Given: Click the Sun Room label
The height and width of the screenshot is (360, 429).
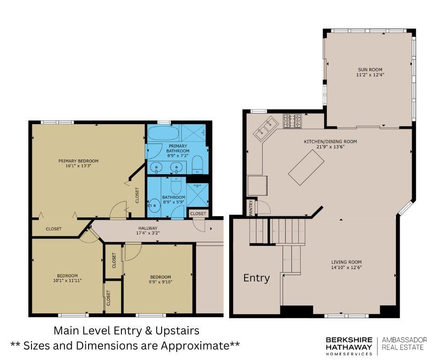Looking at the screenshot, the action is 370,69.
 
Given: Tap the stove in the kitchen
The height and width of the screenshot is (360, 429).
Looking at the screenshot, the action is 292,121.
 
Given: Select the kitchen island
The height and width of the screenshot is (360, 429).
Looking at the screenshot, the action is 306,167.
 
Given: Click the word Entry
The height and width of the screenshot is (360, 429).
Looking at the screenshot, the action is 256,278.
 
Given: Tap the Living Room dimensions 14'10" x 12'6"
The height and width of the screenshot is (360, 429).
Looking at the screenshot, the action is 346,267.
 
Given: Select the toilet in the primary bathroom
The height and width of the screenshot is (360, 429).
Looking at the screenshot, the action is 197,164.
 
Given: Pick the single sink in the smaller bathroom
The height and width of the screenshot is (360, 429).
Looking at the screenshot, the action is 154,205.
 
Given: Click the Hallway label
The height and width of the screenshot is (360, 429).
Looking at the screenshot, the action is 148,228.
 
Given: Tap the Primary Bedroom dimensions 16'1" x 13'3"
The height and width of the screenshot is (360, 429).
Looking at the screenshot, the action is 78,166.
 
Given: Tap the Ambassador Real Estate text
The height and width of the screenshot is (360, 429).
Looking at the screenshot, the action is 404,344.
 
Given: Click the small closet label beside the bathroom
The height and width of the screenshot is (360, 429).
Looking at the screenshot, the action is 198,213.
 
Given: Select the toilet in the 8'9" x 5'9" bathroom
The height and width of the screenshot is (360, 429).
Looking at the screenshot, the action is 175,186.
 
